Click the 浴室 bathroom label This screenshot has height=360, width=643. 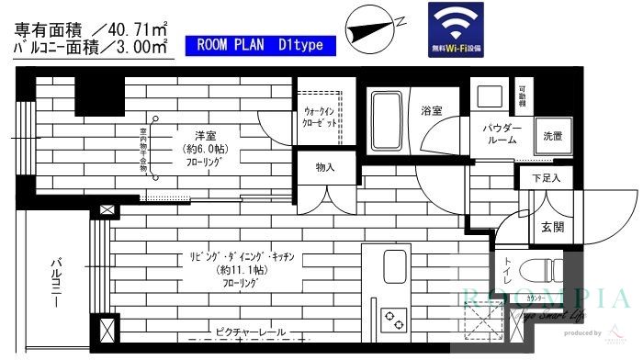point(433,111)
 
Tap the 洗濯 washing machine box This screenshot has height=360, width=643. point(552,136)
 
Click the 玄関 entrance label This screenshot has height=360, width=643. point(552,228)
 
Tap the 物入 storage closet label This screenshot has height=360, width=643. point(324,167)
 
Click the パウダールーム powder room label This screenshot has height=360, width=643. point(502,135)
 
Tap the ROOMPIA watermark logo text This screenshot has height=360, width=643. point(546,298)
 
